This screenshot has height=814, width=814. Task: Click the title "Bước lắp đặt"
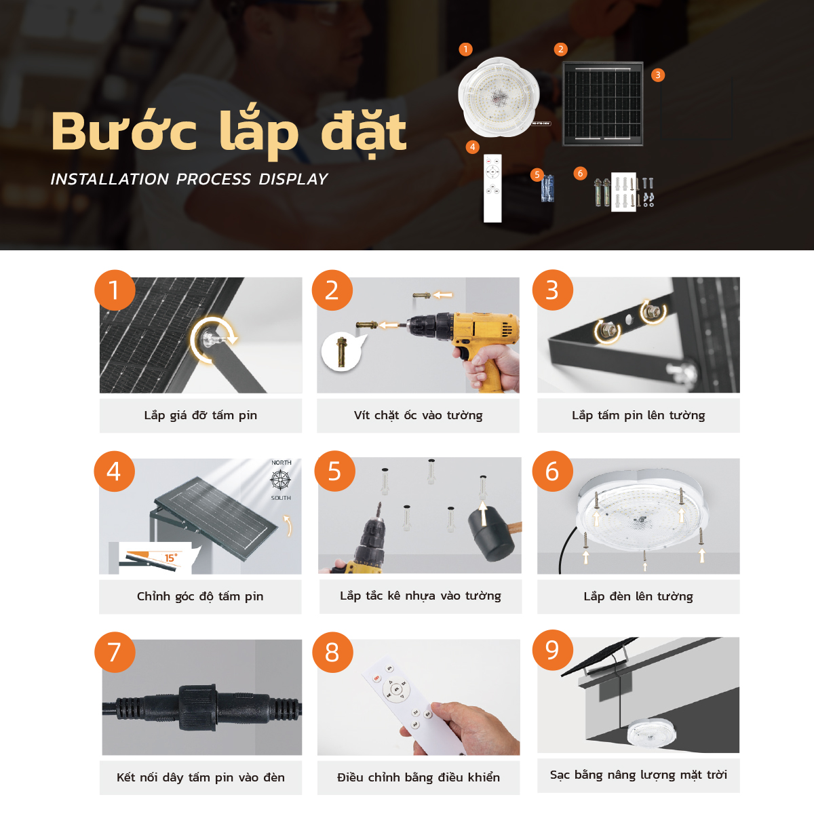pyautogui.click(x=229, y=132)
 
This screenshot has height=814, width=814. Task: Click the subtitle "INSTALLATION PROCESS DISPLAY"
pyautogui.click(x=189, y=179)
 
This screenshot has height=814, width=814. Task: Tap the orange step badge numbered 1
pyautogui.click(x=114, y=290)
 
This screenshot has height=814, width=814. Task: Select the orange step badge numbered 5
pyautogui.click(x=334, y=471)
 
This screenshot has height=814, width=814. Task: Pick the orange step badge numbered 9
pyautogui.click(x=552, y=650)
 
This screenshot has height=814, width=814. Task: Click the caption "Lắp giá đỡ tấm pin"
pyautogui.click(x=200, y=415)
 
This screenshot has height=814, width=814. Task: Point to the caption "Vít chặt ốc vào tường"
pyautogui.click(x=418, y=415)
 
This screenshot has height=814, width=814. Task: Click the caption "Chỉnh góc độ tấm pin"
pyautogui.click(x=200, y=596)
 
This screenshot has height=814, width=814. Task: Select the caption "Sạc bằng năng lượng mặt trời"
pyautogui.click(x=638, y=775)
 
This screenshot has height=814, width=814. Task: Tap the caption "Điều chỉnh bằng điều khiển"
pyautogui.click(x=418, y=777)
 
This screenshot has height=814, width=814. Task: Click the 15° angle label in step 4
pyautogui.click(x=171, y=558)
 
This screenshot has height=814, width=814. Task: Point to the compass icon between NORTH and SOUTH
pyautogui.click(x=281, y=480)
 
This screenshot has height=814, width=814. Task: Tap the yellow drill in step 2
pyautogui.click(x=475, y=339)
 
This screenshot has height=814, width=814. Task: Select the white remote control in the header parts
pyautogui.click(x=492, y=188)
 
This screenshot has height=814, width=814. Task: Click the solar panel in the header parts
pyautogui.click(x=602, y=104)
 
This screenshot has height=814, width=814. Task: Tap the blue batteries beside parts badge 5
pyautogui.click(x=548, y=189)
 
